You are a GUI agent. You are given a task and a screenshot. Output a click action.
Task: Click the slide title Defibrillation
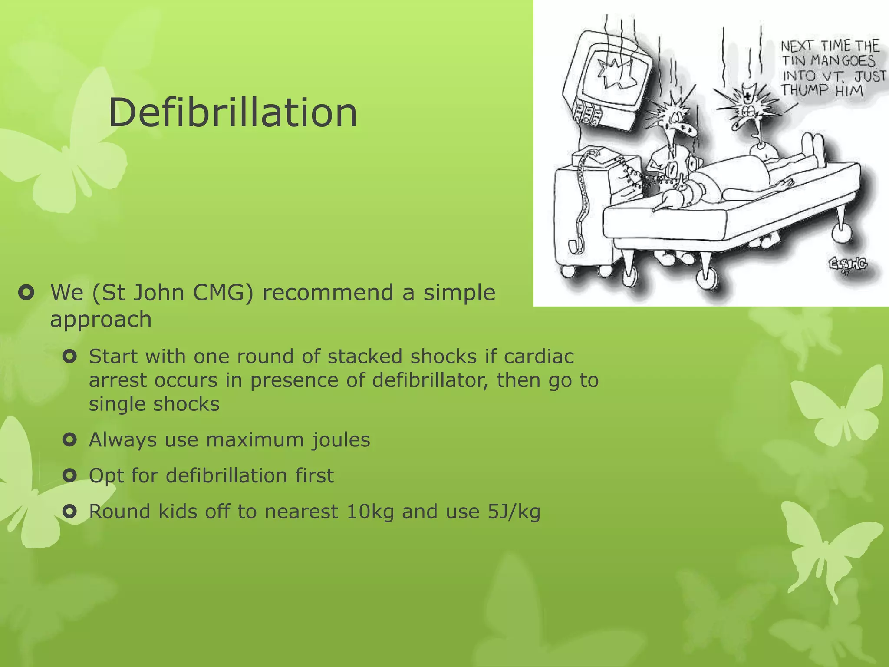coord(233,113)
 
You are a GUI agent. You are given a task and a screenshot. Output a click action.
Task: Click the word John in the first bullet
coord(158,293)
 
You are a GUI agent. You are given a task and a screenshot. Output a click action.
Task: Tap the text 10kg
coord(370,512)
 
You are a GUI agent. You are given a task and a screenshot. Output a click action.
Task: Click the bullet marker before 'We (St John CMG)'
coord(26,293)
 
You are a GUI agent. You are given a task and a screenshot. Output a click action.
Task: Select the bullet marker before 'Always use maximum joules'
coord(69,440)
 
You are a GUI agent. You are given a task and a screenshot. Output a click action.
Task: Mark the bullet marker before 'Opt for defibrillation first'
coord(69,475)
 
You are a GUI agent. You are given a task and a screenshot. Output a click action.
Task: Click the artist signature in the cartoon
coord(848,264)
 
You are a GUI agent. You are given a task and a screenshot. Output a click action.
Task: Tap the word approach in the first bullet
coord(101,320)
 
